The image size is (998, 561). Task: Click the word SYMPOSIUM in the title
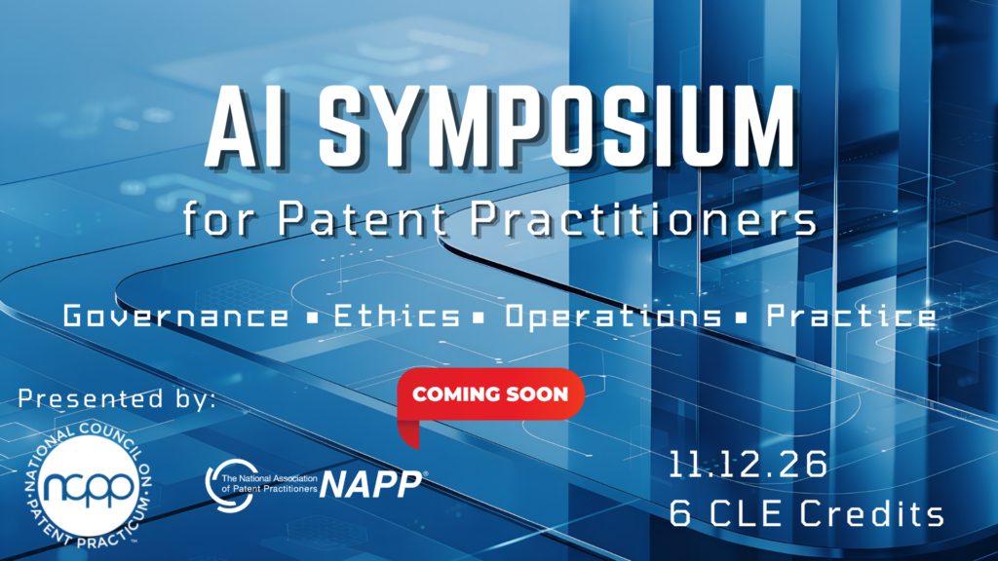(557, 126)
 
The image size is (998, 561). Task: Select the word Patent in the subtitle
(363, 219)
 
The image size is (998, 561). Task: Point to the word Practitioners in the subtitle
(643, 219)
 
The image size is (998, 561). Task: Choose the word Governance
(175, 317)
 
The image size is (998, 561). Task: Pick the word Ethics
(397, 316)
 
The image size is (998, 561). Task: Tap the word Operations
(614, 317)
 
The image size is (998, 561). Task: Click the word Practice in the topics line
(852, 316)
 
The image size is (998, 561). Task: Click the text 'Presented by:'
(117, 399)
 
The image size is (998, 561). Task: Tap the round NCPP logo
(89, 486)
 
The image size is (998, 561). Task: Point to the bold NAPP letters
(371, 485)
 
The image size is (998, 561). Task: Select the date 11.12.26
(748, 465)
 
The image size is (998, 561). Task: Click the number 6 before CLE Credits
(680, 513)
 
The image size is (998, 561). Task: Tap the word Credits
(872, 513)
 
